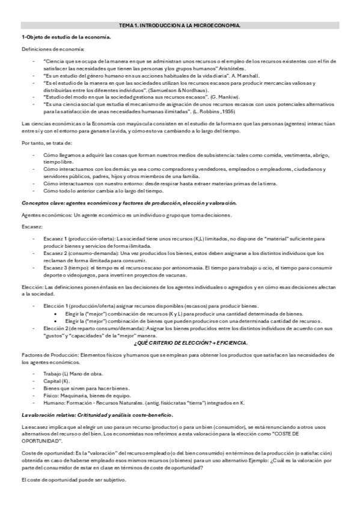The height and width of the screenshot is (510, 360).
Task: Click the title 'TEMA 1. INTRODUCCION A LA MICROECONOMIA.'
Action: (x=180, y=25)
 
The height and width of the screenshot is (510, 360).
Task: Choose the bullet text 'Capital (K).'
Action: (x=57, y=381)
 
